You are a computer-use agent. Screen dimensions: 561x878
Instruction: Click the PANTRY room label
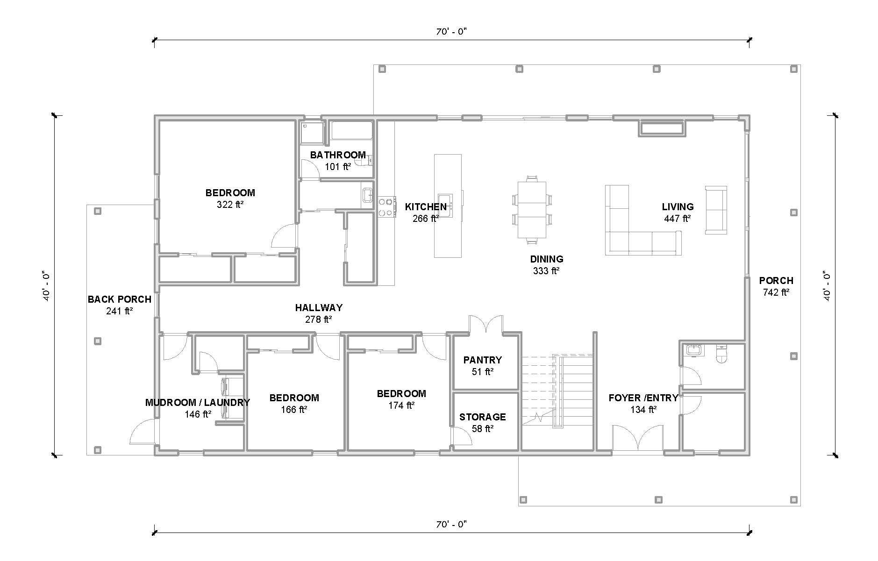[x=483, y=360]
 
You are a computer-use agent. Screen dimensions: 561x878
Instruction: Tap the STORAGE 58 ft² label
[x=483, y=422]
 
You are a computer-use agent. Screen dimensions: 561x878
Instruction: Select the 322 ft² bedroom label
[x=230, y=199]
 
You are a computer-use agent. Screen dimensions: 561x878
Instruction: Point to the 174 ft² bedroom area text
[x=401, y=405]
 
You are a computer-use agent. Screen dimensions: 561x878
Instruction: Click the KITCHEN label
[x=425, y=207]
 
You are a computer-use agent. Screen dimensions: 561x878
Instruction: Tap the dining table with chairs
[x=532, y=210]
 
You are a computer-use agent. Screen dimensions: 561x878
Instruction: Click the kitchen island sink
[x=444, y=206]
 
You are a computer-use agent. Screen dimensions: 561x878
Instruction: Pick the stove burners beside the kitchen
[x=385, y=207]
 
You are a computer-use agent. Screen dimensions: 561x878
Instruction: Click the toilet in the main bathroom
[x=362, y=161]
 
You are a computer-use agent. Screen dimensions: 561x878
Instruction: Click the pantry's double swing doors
[x=486, y=324]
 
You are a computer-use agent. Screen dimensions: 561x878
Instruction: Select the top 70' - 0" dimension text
[x=451, y=32]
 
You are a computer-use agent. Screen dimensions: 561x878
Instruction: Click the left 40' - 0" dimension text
[x=46, y=285]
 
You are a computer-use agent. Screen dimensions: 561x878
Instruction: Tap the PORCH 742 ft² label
[x=776, y=286]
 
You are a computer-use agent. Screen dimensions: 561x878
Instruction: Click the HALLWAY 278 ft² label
[x=319, y=313]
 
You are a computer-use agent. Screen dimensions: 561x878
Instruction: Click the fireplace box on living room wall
[x=662, y=129]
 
